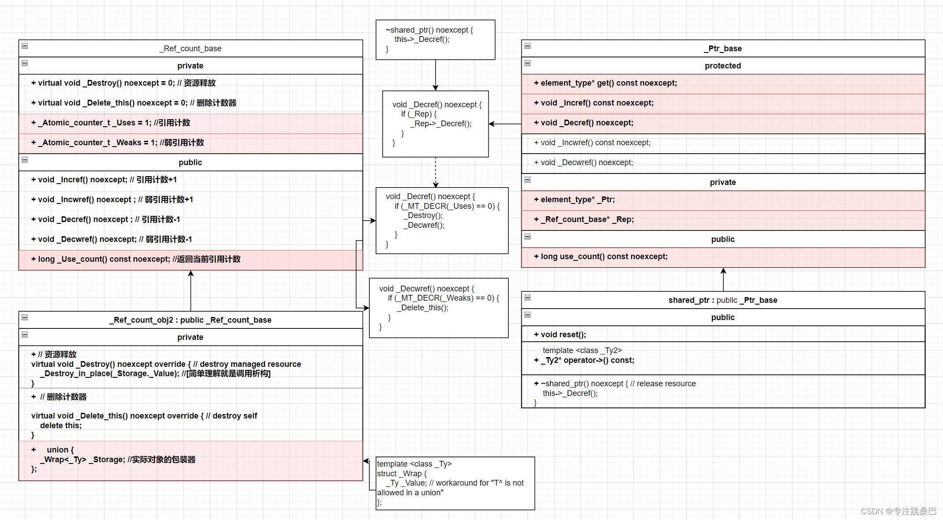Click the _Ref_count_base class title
191,49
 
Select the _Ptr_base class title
723,49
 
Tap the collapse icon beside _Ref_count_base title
25,46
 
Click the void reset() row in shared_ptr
723,334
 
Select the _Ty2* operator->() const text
588,360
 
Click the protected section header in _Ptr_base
723,66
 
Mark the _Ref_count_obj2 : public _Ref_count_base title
191,320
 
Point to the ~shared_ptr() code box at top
435,40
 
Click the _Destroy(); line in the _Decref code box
423,215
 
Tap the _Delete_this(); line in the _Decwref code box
423,308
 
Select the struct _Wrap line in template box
402,474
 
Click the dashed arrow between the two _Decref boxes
435,172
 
